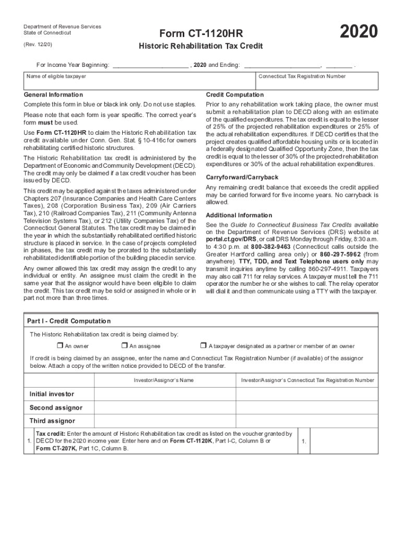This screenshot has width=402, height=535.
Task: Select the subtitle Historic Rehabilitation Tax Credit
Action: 200,46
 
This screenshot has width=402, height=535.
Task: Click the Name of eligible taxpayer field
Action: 140,83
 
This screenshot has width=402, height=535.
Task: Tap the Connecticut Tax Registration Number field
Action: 316,83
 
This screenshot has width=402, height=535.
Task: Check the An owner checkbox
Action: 60,345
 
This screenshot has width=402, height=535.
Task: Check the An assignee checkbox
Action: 124,345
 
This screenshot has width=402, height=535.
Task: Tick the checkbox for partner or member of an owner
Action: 204,345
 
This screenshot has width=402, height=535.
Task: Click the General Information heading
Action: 54,95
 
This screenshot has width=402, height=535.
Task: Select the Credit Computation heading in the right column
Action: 234,95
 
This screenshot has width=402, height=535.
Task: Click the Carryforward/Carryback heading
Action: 242,177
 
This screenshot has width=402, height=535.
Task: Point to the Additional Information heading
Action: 239,215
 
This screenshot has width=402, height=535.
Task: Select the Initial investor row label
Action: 52,394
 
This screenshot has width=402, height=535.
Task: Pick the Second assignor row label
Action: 56,408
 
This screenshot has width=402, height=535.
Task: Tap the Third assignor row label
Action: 52,421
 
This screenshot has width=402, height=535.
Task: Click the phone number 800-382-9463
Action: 271,246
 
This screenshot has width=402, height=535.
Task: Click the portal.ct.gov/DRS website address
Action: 228,239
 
